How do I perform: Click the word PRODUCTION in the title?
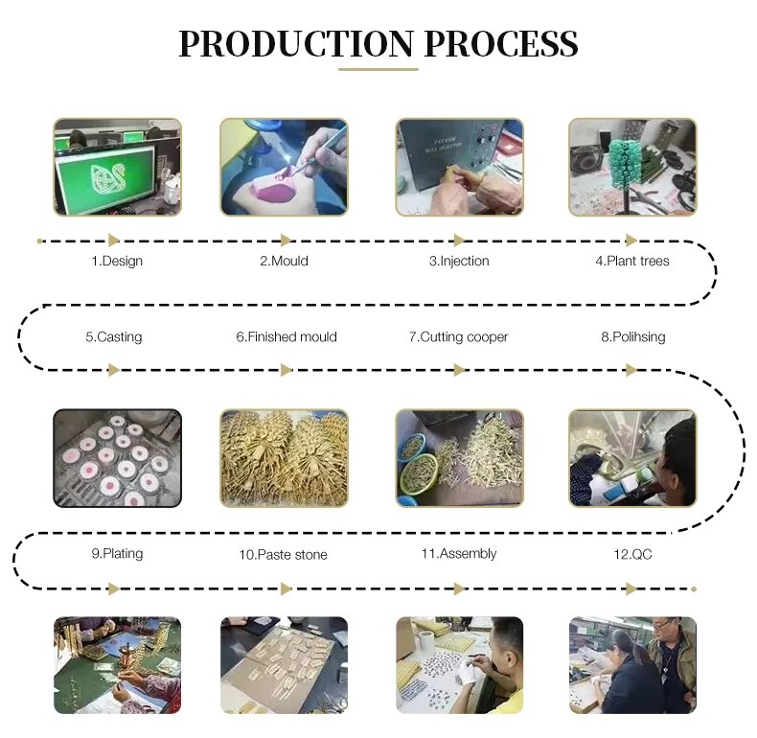[296, 43]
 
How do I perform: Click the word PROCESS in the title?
[501, 43]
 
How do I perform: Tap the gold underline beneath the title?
[378, 70]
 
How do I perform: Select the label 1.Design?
[117, 261]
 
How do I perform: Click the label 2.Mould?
[284, 261]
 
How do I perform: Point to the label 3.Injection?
[459, 261]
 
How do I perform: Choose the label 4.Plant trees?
[632, 261]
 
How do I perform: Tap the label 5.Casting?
[114, 336]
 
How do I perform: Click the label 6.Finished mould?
[287, 336]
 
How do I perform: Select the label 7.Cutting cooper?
[459, 336]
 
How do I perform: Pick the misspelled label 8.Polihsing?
[633, 336]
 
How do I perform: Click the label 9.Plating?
[117, 553]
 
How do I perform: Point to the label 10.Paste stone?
[284, 555]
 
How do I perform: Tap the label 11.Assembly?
[459, 553]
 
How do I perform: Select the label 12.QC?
[632, 554]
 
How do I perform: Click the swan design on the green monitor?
[106, 177]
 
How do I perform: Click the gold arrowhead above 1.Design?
[114, 240]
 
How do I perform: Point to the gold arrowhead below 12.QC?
[631, 588]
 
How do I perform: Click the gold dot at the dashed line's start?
[39, 241]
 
